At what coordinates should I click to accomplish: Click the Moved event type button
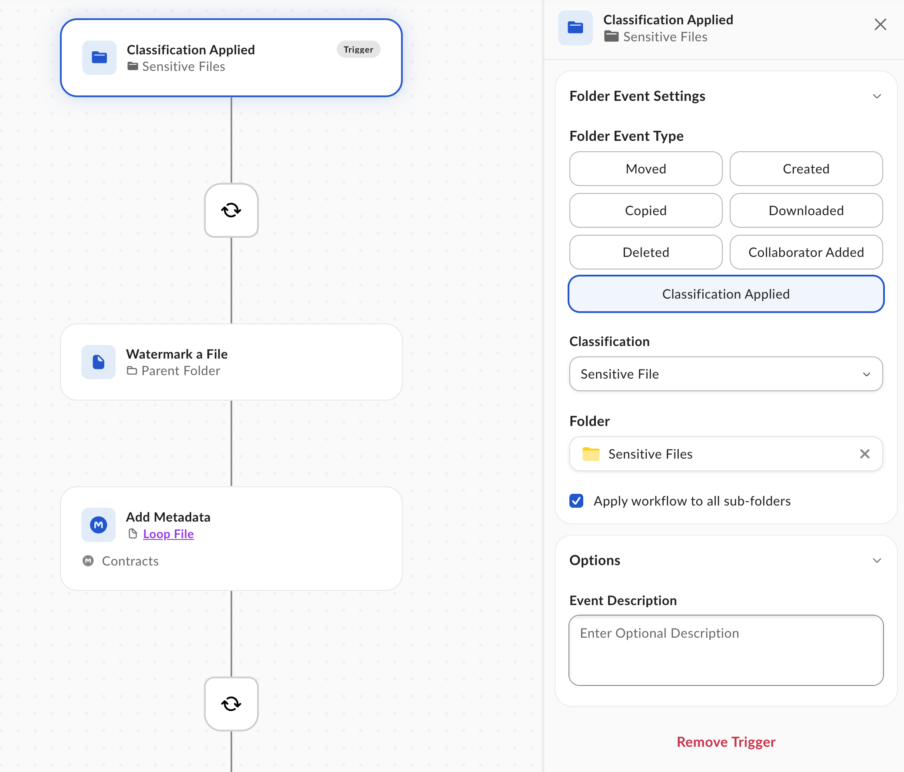point(646,169)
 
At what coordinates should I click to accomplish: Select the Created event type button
point(806,169)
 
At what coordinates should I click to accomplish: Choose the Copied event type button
point(646,210)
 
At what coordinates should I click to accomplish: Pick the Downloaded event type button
point(806,210)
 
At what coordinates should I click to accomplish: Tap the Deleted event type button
point(646,252)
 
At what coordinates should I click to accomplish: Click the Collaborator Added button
point(806,252)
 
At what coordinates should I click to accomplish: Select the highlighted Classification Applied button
point(726,294)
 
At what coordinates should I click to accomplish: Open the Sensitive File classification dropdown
point(726,374)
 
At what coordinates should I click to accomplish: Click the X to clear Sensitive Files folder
point(865,454)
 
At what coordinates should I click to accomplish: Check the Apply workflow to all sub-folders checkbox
point(576,501)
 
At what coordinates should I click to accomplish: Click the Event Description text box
point(726,650)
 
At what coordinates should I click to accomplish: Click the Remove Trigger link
point(726,742)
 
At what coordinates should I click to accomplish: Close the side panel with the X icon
point(881,24)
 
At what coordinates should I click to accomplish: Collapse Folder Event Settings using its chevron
point(877,96)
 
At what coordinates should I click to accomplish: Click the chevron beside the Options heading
point(877,561)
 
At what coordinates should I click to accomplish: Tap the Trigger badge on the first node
point(358,49)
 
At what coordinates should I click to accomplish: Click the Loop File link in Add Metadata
point(168,534)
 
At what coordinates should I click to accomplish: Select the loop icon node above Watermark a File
point(231,210)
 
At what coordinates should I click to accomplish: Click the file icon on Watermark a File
point(99,362)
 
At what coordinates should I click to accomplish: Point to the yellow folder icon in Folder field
point(591,454)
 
